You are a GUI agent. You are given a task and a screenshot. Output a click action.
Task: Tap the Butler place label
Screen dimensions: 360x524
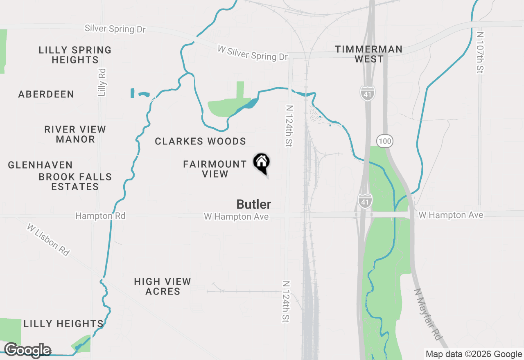pyautogui.click(x=254, y=204)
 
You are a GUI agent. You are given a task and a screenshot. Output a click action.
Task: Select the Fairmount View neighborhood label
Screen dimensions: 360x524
pyautogui.click(x=215, y=169)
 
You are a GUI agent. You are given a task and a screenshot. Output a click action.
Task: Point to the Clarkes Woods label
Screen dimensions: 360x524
pyautogui.click(x=200, y=142)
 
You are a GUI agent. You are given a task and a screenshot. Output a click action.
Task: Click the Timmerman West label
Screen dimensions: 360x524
pyautogui.click(x=369, y=54)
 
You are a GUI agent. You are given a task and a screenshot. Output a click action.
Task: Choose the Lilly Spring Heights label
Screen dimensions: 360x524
pyautogui.click(x=75, y=55)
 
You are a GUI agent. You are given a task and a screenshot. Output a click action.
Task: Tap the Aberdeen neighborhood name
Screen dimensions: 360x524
pyautogui.click(x=46, y=94)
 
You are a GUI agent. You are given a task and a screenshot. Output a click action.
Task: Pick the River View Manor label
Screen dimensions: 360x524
pyautogui.click(x=75, y=134)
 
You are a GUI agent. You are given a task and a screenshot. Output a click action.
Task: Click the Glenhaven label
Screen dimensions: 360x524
pyautogui.click(x=41, y=165)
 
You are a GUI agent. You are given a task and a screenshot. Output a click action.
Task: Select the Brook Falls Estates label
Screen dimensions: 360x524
pyautogui.click(x=75, y=182)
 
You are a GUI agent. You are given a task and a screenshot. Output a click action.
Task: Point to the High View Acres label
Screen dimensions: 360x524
pyautogui.click(x=163, y=286)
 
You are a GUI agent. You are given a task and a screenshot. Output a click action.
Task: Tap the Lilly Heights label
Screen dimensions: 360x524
pyautogui.click(x=63, y=324)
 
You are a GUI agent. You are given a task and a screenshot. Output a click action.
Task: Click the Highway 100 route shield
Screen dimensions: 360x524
pyautogui.click(x=385, y=142)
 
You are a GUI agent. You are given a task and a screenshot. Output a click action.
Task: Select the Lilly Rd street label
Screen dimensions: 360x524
pyautogui.click(x=102, y=82)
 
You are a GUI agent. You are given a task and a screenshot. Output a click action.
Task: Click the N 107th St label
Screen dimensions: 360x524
pyautogui.click(x=480, y=53)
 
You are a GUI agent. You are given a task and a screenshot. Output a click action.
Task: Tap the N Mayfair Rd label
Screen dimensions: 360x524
pyautogui.click(x=428, y=314)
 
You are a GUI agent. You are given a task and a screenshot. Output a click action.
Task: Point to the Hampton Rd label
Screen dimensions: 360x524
pyautogui.click(x=100, y=216)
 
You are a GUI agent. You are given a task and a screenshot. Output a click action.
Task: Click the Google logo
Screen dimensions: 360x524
pyautogui.click(x=27, y=350)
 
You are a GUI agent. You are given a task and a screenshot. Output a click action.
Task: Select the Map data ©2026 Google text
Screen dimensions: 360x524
pyautogui.click(x=474, y=354)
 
